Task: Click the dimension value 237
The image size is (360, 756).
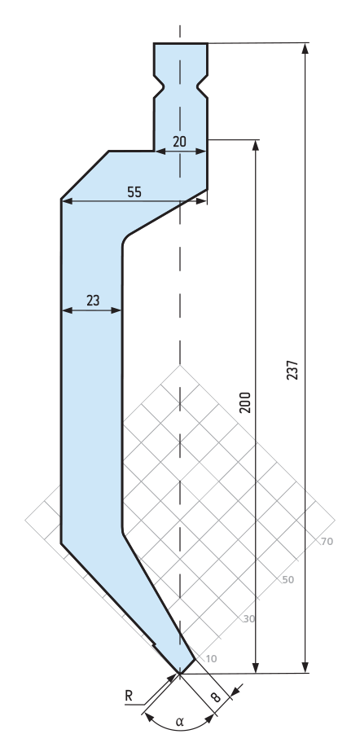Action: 292,370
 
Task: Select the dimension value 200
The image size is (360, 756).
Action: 245,402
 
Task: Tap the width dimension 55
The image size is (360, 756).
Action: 134,191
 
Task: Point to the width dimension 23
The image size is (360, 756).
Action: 93,301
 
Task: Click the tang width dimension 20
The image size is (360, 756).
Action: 179,141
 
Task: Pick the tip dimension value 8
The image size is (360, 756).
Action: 216,697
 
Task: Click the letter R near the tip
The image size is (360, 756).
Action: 129,696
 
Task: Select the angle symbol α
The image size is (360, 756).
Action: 180,722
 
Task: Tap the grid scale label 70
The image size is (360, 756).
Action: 327,542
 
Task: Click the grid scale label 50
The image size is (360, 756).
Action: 288,579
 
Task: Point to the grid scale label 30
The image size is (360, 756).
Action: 248,618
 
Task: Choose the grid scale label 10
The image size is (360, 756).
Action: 211,658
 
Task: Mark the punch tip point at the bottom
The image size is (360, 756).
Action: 179,673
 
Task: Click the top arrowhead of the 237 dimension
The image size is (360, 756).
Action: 305,49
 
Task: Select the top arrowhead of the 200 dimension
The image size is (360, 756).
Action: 256,146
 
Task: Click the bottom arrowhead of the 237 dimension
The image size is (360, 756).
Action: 305,667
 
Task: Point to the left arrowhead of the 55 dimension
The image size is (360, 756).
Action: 67,201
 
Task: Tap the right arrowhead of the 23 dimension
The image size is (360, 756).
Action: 116,310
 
